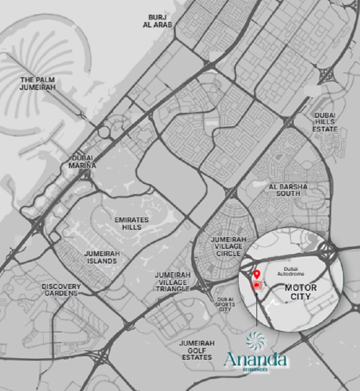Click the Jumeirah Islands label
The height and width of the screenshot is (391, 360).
pyautogui.click(x=101, y=257)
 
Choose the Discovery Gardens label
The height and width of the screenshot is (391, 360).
pyautogui.click(x=60, y=289)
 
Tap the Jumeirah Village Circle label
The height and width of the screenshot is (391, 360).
pyautogui.click(x=225, y=246)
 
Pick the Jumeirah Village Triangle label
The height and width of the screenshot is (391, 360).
pyautogui.click(x=172, y=282)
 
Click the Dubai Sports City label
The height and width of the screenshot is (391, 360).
pyautogui.click(x=226, y=304)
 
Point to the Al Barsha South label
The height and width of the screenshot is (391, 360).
pyautogui.click(x=284, y=190)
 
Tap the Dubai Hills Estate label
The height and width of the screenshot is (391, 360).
pyautogui.click(x=325, y=122)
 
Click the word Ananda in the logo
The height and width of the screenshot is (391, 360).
pyautogui.click(x=256, y=361)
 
